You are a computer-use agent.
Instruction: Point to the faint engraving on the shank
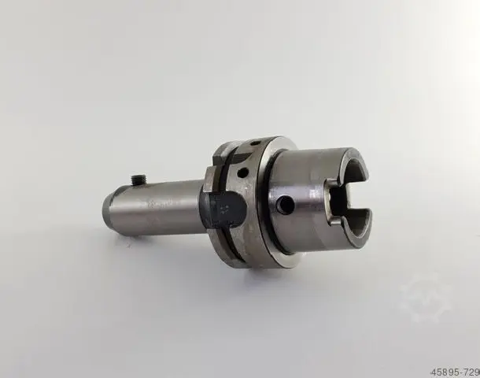pyautogui.click(x=161, y=204)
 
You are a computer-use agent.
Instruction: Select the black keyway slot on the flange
pyautogui.click(x=222, y=209)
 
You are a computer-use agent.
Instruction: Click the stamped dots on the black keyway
pyautogui.click(x=224, y=209)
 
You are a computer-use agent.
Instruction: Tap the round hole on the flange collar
pyautogui.click(x=243, y=173)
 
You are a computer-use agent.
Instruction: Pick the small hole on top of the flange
pyautogui.click(x=255, y=143)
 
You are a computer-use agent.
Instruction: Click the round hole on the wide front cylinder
pyautogui.click(x=285, y=205)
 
